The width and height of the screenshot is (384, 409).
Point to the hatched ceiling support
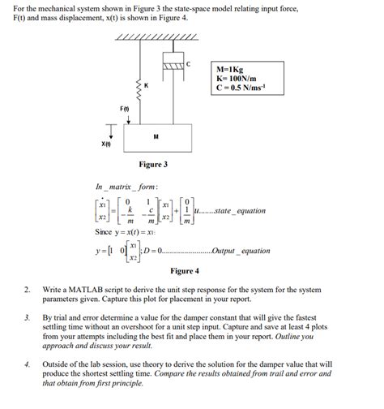[x=157, y=39]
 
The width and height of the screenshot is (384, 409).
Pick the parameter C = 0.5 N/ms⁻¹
[x=239, y=88]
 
